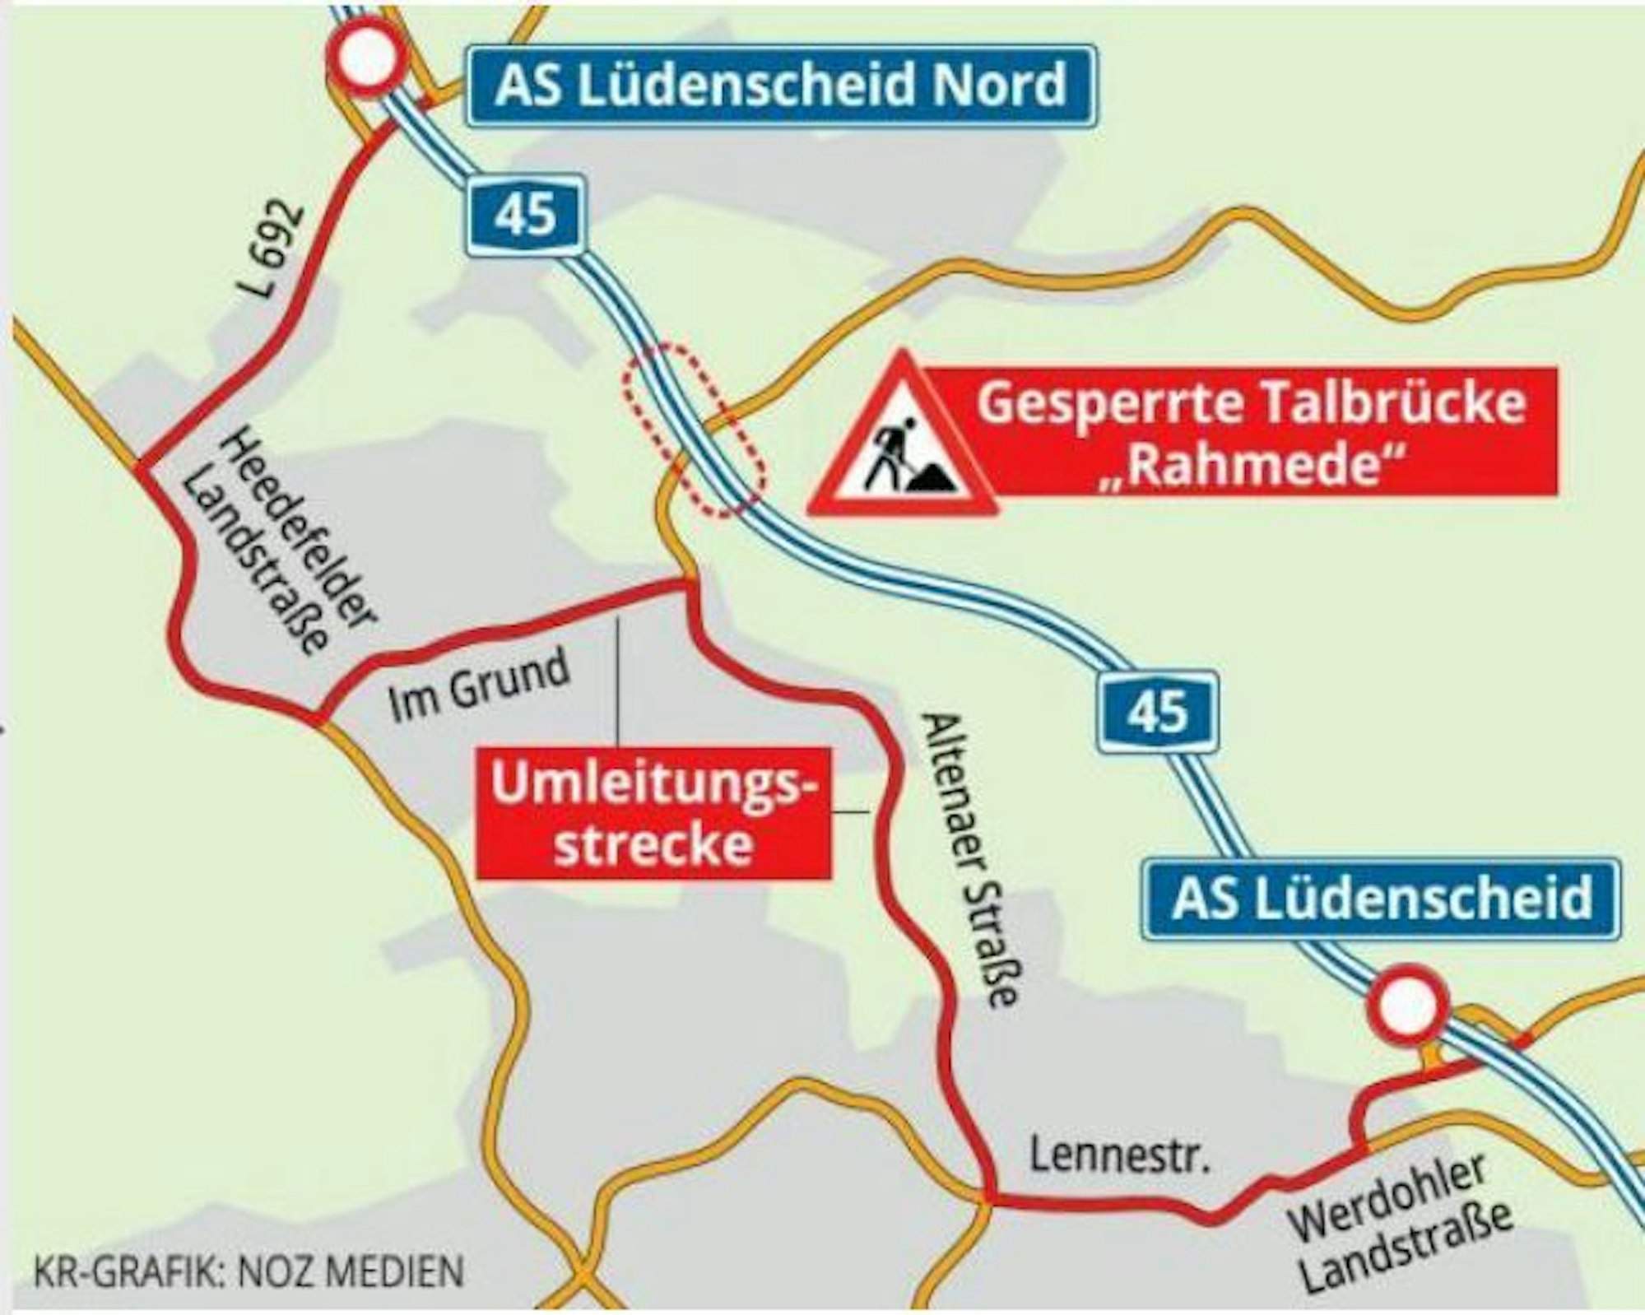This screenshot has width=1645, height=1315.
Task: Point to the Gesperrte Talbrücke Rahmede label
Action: [x=1251, y=432]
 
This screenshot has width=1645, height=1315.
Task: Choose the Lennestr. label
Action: [x=1122, y=1156]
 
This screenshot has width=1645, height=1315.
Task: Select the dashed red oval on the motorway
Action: [x=693, y=429]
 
